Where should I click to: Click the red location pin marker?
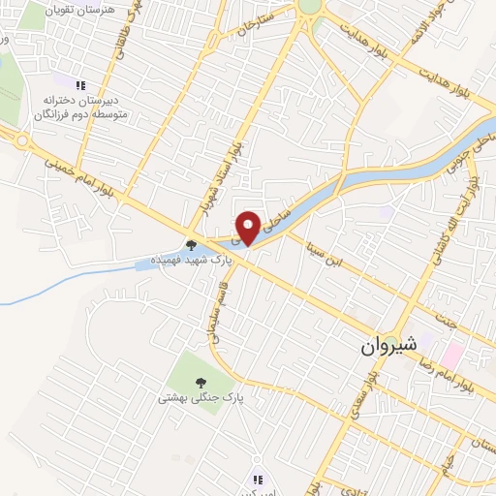pyautogui.click(x=248, y=228)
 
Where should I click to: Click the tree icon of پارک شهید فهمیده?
pyautogui.click(x=190, y=245)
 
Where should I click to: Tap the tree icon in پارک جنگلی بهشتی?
pyautogui.click(x=201, y=381)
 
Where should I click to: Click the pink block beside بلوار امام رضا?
pyautogui.click(x=453, y=350)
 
